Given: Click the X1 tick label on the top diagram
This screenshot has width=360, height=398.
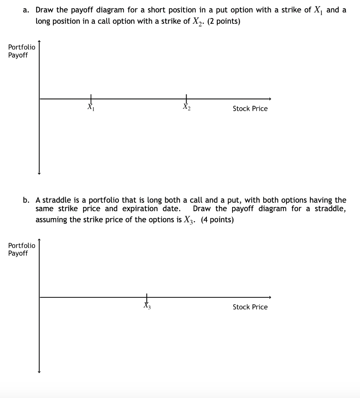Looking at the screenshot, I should (91, 107).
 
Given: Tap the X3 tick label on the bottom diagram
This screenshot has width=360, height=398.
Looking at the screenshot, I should (147, 306).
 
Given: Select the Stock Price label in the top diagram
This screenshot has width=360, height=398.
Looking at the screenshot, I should (250, 109).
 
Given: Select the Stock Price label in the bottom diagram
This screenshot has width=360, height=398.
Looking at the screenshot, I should (250, 307).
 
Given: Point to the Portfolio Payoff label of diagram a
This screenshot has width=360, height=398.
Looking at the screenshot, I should (21, 51).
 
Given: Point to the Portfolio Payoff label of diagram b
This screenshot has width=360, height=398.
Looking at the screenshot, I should (21, 250).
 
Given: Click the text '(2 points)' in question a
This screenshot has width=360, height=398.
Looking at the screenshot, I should (224, 21).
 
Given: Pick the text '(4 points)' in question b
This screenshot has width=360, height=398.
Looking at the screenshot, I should (217, 220).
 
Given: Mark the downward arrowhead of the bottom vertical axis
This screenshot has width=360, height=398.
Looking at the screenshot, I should (39, 372).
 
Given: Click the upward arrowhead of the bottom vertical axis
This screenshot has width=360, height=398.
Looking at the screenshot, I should (39, 241).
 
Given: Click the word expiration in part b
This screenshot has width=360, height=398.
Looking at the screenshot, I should (140, 209).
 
